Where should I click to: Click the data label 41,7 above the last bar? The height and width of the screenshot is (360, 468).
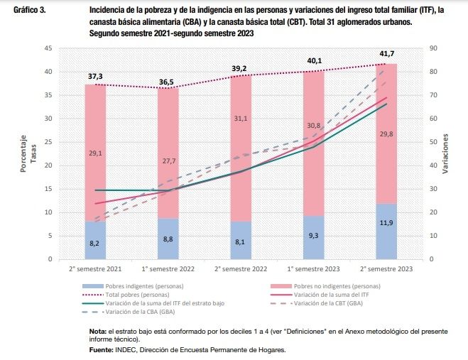click(387, 53)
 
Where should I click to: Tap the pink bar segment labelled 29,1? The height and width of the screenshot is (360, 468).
click(95, 153)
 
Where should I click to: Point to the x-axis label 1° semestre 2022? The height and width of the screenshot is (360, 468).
click(168, 269)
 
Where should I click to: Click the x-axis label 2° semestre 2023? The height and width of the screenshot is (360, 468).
click(387, 269)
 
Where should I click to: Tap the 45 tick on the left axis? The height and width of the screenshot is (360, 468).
click(48, 48)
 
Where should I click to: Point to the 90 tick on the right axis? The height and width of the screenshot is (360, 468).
click(435, 48)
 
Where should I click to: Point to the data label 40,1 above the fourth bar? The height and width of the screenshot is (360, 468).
click(314, 60)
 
